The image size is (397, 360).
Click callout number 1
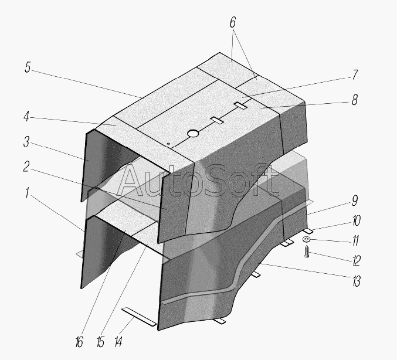click(27, 193)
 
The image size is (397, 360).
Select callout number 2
click(26, 167)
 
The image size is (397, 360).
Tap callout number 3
click(26, 141)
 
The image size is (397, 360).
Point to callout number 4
click(26, 117)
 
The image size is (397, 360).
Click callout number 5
click(28, 67)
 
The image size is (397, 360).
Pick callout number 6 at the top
click(233, 22)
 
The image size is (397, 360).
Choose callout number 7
click(355, 74)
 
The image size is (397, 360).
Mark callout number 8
click(354, 100)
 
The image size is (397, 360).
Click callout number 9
click(355, 201)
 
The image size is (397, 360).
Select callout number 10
click(356, 220)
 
